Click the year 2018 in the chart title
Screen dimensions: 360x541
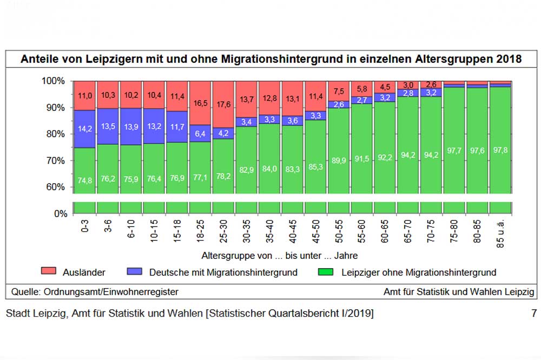[509, 59]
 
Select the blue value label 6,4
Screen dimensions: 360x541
[200, 133]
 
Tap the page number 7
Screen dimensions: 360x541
[534, 313]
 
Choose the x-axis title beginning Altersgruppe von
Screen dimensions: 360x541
[279, 255]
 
